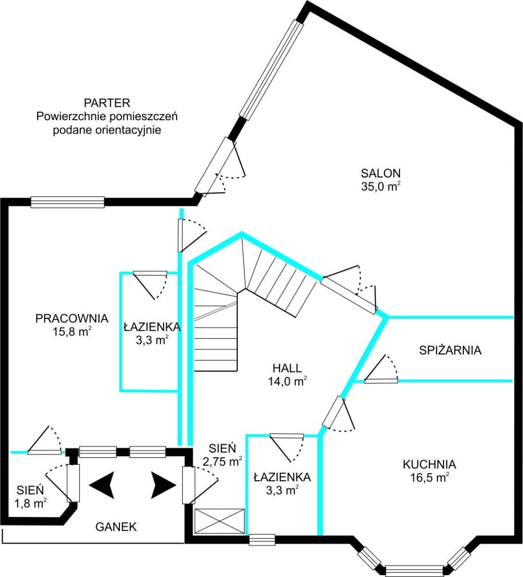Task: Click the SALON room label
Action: pyautogui.click(x=381, y=173)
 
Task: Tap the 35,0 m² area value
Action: pyautogui.click(x=381, y=187)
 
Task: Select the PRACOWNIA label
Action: pyautogui.click(x=72, y=318)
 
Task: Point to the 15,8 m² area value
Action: pyautogui.click(x=72, y=331)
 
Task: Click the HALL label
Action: pyautogui.click(x=287, y=368)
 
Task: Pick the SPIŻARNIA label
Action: pyautogui.click(x=450, y=350)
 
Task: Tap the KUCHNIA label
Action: pyautogui.click(x=429, y=464)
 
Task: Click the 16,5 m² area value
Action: pyautogui.click(x=429, y=477)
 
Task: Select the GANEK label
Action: pyautogui.click(x=116, y=527)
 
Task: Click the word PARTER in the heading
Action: pyautogui.click(x=107, y=102)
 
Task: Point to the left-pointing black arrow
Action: pyautogui.click(x=102, y=485)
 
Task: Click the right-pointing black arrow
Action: pyautogui.click(x=164, y=485)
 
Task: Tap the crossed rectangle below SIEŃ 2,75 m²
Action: pyautogui.click(x=219, y=521)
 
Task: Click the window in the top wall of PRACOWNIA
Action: pyautogui.click(x=67, y=202)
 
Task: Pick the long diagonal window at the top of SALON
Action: pyautogui.click(x=272, y=70)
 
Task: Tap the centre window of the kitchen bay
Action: pyautogui.click(x=414, y=570)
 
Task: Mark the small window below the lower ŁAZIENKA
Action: pyautogui.click(x=262, y=539)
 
